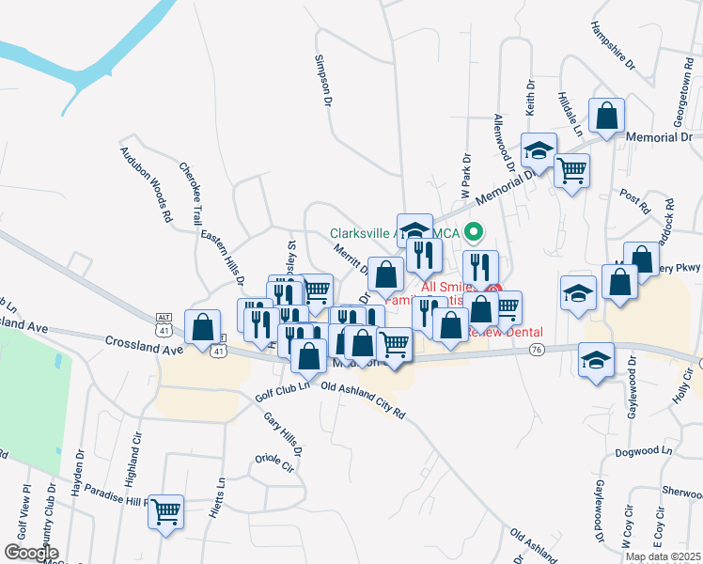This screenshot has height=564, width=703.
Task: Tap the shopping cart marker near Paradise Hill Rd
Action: click(167, 512)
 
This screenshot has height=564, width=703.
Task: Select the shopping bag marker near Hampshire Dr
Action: click(607, 117)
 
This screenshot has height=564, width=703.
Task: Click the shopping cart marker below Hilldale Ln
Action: click(571, 171)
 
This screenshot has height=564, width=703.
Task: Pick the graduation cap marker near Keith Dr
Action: click(539, 150)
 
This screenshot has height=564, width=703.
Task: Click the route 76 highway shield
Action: click(537, 350)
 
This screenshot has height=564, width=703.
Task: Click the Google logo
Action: click(31, 552)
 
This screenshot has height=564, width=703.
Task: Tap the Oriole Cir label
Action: click(274, 464)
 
